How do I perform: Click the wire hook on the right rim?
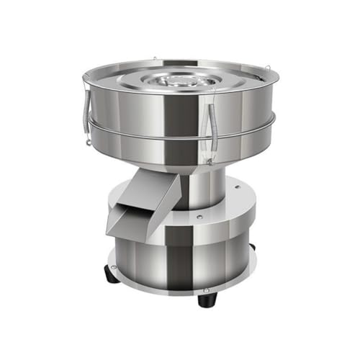click(x=268, y=69)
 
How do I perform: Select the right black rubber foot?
click(x=251, y=248)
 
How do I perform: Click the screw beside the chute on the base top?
click(x=197, y=215)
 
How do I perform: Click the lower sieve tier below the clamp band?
click(x=180, y=151)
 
